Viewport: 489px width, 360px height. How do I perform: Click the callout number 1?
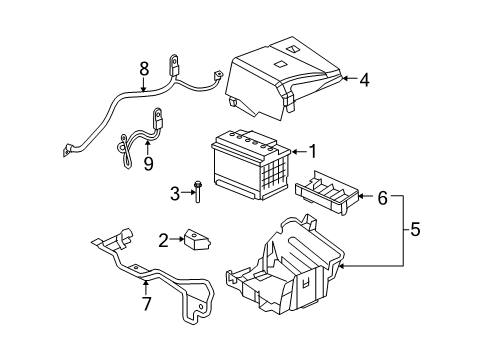point(313,152)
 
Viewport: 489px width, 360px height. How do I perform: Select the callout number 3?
point(174,192)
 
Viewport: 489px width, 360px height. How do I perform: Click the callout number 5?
point(416,232)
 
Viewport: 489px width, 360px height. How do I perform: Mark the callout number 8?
point(144,68)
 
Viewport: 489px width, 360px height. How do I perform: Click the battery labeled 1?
point(250,165)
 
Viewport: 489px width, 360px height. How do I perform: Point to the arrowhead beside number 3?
point(188,192)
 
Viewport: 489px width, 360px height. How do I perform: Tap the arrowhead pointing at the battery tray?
point(342,267)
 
